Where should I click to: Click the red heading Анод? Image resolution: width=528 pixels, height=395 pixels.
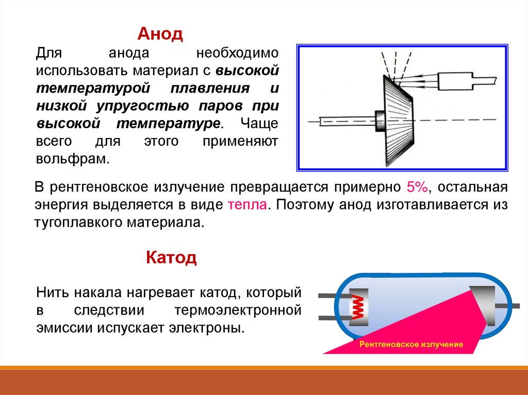pos(160,35)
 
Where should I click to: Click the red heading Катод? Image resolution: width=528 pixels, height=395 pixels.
pos(171,257)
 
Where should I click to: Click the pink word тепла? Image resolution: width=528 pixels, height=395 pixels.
pos(246,204)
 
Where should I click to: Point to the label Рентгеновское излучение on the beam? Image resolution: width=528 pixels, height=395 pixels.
pos(411,344)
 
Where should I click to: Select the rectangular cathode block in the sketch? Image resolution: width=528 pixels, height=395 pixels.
pos(453,80)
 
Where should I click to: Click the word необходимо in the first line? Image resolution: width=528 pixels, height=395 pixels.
pos(238,53)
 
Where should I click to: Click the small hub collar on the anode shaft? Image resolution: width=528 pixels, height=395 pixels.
pos(380,122)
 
